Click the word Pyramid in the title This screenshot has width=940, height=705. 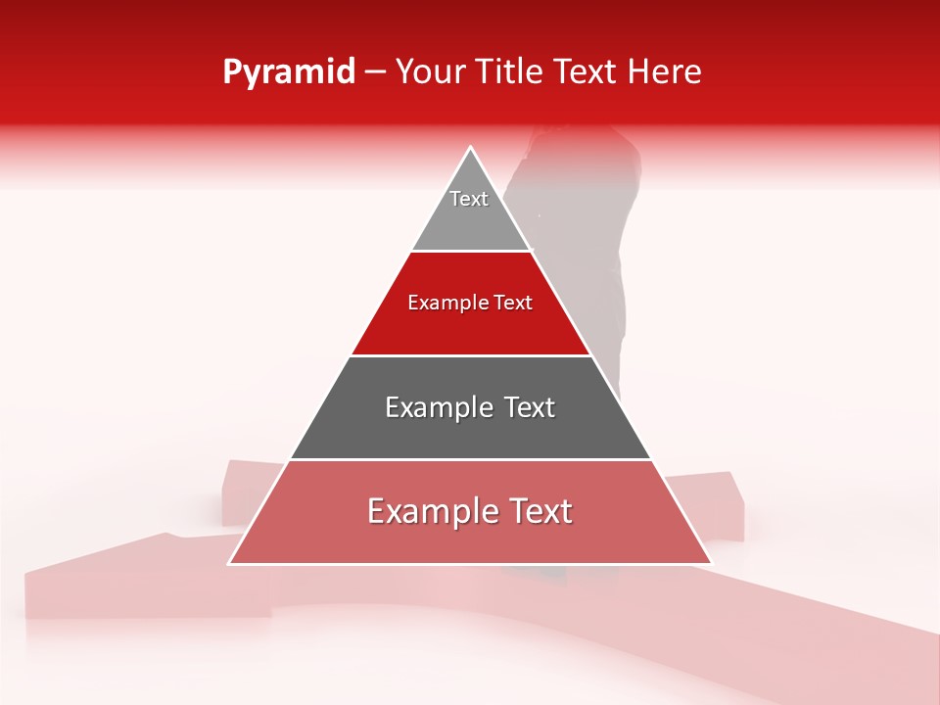288,72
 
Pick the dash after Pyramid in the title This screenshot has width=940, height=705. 374,72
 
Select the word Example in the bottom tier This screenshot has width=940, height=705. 431,511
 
